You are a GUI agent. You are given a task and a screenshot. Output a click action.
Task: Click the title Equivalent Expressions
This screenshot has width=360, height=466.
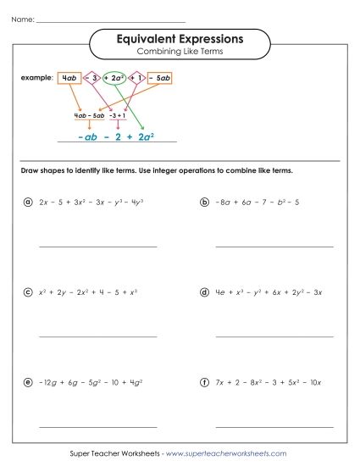(179, 39)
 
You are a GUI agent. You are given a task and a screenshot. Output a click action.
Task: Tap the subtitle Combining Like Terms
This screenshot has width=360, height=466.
(179, 53)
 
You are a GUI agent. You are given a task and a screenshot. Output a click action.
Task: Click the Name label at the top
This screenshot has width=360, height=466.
(24, 18)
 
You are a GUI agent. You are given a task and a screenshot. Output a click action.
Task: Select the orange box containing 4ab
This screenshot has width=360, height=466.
(69, 78)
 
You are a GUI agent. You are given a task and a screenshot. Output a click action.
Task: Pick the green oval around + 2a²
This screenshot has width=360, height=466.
(117, 78)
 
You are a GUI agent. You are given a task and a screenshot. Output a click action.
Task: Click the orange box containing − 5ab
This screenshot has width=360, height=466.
(161, 78)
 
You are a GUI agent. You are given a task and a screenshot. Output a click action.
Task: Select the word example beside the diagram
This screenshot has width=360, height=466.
(36, 78)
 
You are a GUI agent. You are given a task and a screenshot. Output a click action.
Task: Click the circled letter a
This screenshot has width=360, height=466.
(28, 202)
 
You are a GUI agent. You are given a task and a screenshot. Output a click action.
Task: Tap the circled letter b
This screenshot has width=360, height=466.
(204, 202)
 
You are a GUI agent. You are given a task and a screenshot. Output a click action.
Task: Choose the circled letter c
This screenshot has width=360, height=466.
(28, 292)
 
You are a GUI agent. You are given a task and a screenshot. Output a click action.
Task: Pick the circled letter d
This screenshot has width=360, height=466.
(204, 292)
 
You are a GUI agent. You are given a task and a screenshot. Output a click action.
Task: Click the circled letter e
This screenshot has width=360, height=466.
(28, 382)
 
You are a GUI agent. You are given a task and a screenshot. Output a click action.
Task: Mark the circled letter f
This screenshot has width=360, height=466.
(204, 382)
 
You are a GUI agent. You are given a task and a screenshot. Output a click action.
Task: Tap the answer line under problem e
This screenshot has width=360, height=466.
(97, 425)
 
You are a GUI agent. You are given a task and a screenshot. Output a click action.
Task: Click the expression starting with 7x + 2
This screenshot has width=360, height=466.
(268, 383)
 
